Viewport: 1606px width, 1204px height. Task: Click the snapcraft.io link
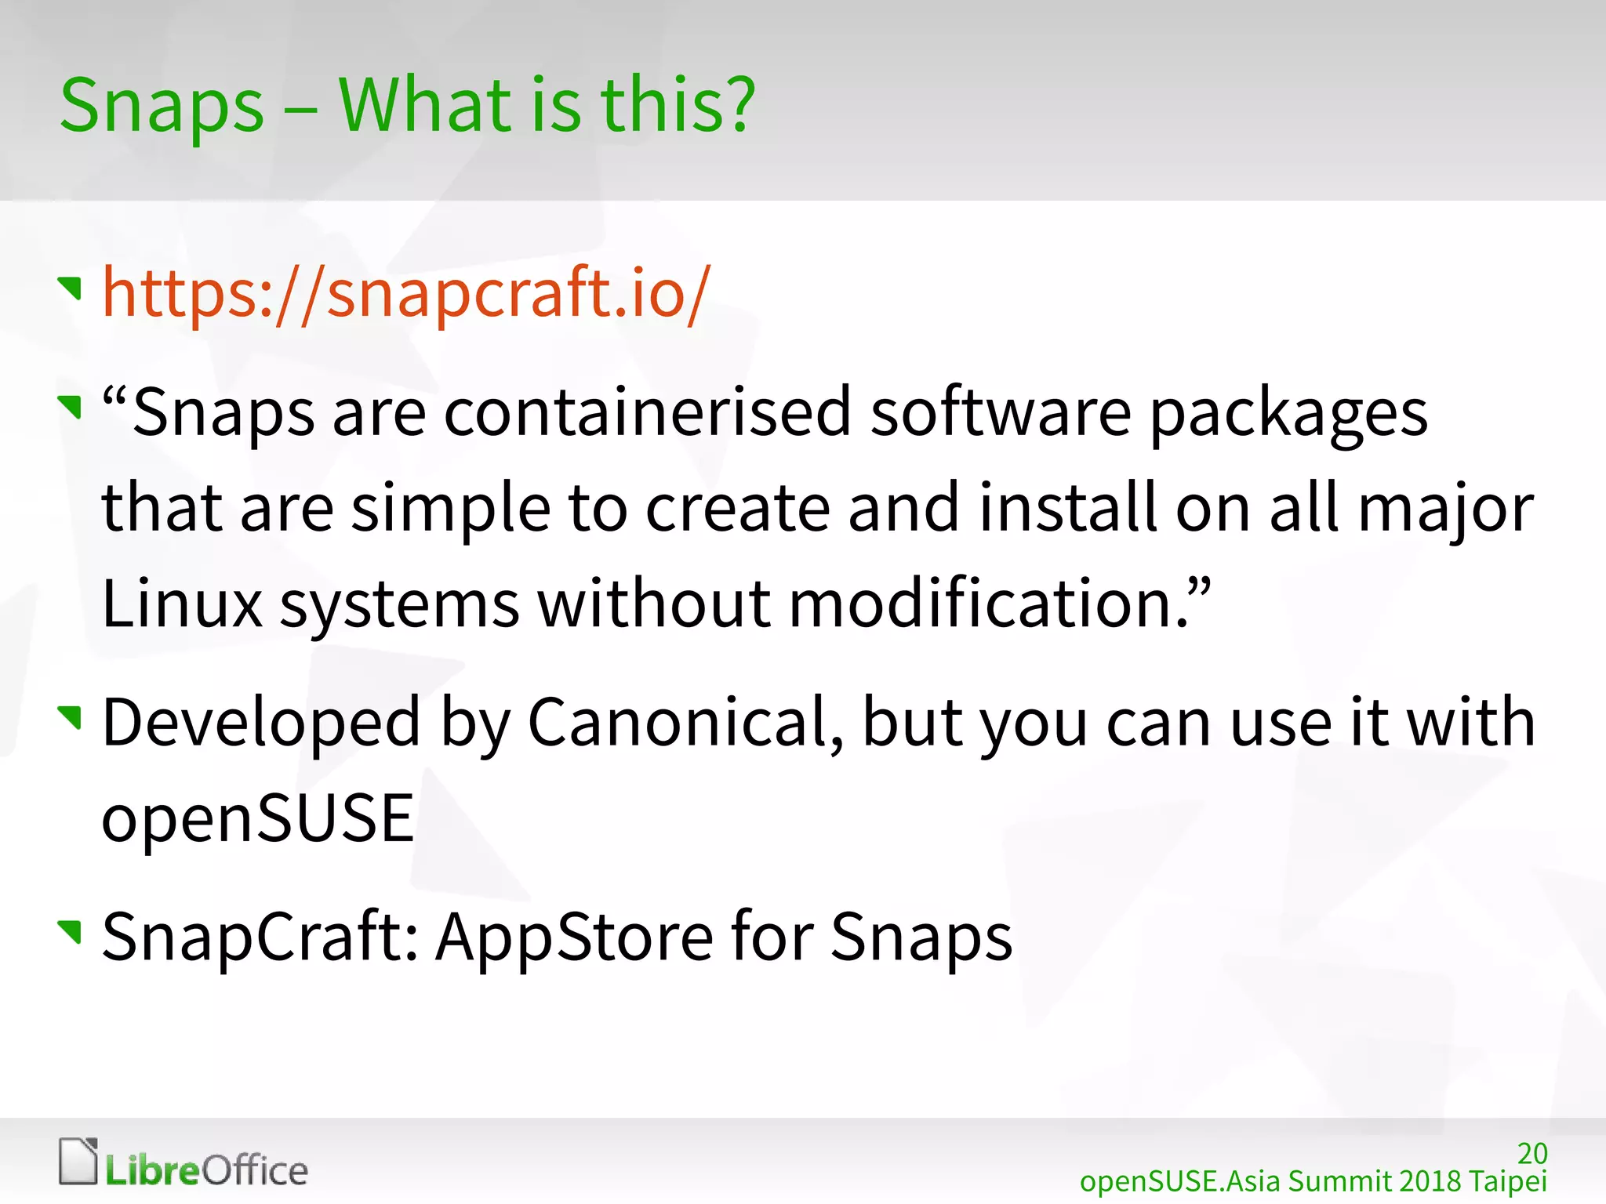click(x=406, y=293)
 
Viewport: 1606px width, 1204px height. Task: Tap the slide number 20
click(x=1532, y=1153)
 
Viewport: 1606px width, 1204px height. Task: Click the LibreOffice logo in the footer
click(x=184, y=1163)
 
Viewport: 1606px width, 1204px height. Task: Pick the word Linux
click(x=182, y=604)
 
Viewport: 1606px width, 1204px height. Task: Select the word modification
click(x=988, y=604)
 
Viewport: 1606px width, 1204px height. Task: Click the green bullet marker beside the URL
click(x=71, y=288)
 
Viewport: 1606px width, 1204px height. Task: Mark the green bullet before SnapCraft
click(x=71, y=931)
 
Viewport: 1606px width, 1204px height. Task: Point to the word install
click(x=1068, y=508)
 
